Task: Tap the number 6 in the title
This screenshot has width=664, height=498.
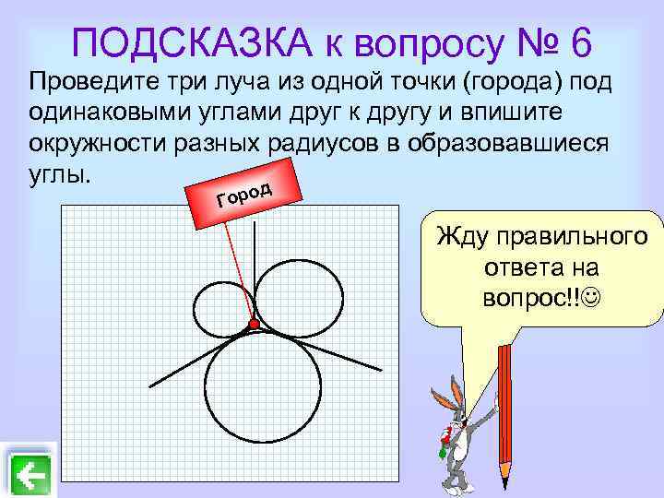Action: (580, 42)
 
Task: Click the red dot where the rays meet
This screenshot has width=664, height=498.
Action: (253, 324)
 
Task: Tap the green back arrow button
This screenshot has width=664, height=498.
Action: (31, 476)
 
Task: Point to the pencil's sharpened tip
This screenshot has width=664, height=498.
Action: (504, 480)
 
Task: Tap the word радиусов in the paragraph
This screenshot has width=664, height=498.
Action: (356, 147)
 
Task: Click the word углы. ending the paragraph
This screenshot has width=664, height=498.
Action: (61, 175)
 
